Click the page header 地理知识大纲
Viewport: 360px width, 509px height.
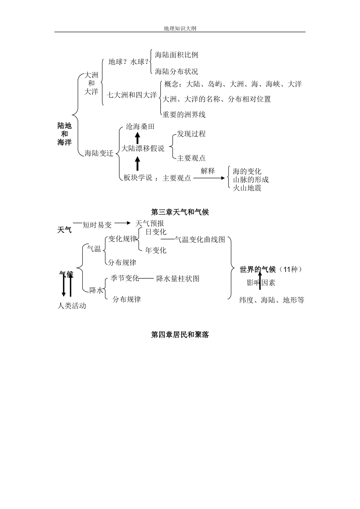click(x=180, y=28)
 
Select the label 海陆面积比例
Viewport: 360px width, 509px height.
click(x=177, y=55)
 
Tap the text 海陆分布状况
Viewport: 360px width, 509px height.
click(x=177, y=71)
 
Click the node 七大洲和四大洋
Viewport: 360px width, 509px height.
click(x=131, y=95)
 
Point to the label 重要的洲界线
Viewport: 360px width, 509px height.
click(x=184, y=114)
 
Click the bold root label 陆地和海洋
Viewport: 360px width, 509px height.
click(x=64, y=134)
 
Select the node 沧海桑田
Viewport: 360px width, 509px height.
click(x=140, y=126)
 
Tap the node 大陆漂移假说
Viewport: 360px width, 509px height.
click(x=143, y=148)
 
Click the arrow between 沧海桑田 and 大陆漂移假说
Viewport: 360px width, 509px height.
click(x=138, y=137)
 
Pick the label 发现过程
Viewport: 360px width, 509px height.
click(x=191, y=134)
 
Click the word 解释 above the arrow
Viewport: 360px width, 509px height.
click(x=208, y=171)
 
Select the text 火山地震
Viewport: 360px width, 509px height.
click(x=247, y=188)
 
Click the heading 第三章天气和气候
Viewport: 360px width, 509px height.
click(x=180, y=212)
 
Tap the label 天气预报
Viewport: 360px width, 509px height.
click(x=150, y=223)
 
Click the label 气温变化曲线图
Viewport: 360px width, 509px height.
click(x=200, y=239)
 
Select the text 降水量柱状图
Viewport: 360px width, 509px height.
click(x=178, y=279)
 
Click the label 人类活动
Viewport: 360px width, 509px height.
click(x=72, y=306)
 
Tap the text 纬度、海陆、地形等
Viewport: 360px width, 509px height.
click(x=272, y=300)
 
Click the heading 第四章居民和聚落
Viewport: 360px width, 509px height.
click(x=180, y=335)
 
